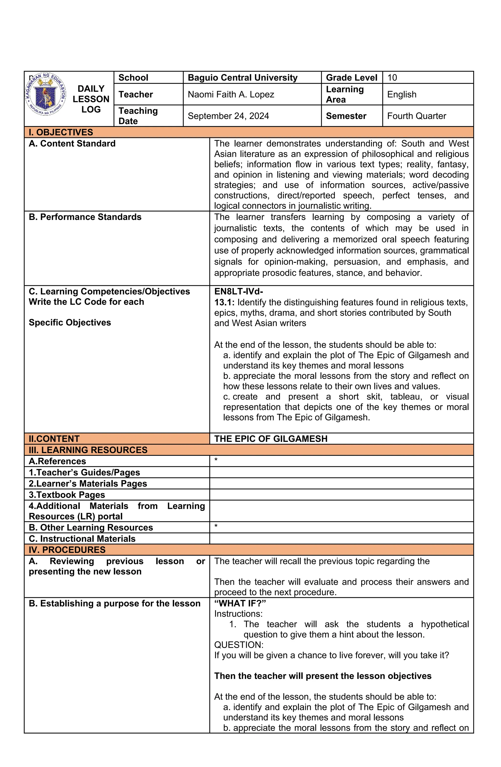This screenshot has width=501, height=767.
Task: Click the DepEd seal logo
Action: [x=46, y=94]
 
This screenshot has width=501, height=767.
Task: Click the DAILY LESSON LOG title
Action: [x=91, y=99]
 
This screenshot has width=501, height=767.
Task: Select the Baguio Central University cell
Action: [x=242, y=78]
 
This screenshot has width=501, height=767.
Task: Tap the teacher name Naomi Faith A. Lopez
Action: [x=231, y=95]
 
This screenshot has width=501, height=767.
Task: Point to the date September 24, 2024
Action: [x=228, y=116]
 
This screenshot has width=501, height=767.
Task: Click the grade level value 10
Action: [x=392, y=78]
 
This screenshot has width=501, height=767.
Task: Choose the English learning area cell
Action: [x=401, y=95]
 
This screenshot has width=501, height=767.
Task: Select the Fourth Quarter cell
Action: [x=416, y=116]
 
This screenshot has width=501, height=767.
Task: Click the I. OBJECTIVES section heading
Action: [x=61, y=132]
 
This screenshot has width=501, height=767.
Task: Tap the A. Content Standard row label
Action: [x=72, y=144]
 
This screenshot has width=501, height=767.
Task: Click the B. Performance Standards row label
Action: [x=85, y=217]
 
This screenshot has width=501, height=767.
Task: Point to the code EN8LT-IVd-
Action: [x=239, y=292]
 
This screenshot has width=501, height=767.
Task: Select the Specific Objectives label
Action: [x=70, y=323]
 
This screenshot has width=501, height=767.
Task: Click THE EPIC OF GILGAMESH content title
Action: [x=271, y=439]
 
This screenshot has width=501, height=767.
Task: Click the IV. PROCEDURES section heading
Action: [x=67, y=550]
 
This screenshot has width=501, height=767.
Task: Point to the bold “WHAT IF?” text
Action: [x=240, y=603]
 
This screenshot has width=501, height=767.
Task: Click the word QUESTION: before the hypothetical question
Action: [x=239, y=645]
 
